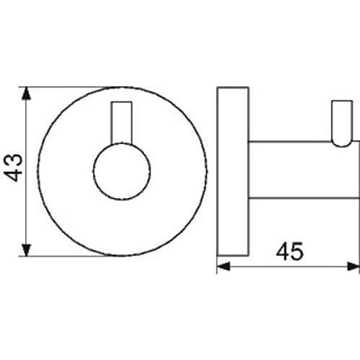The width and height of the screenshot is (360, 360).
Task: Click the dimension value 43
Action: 13,168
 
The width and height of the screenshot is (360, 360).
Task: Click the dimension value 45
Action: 289,251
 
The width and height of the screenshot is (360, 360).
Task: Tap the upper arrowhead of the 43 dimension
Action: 26,94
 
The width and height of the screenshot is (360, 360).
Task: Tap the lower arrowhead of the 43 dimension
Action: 27,250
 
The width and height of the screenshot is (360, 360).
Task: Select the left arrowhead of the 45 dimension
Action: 223,266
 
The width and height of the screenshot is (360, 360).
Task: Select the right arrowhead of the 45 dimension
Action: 353,266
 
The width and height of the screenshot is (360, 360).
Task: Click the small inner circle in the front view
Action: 122,171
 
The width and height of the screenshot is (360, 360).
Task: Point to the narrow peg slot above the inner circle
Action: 122,123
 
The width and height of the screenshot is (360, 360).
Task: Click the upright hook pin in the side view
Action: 342,123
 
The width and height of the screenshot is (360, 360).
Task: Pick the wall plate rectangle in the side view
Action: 233,171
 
